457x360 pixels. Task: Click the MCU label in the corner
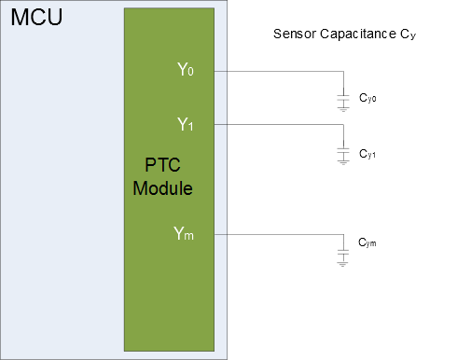[35, 18]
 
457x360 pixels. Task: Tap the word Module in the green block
[162, 187]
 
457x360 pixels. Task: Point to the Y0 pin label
[185, 71]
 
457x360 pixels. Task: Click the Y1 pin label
[185, 124]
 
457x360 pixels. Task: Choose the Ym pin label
[185, 234]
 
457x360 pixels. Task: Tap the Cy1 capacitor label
[369, 152]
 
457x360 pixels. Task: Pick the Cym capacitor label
[368, 244]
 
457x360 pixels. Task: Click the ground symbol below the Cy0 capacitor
[343, 109]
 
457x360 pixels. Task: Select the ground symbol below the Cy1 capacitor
[343, 164]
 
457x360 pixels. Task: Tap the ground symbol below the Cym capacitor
[343, 264]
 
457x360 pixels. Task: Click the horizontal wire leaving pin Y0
[280, 71]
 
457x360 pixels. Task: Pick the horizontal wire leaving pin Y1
[280, 125]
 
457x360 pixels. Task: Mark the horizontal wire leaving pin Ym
[280, 235]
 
